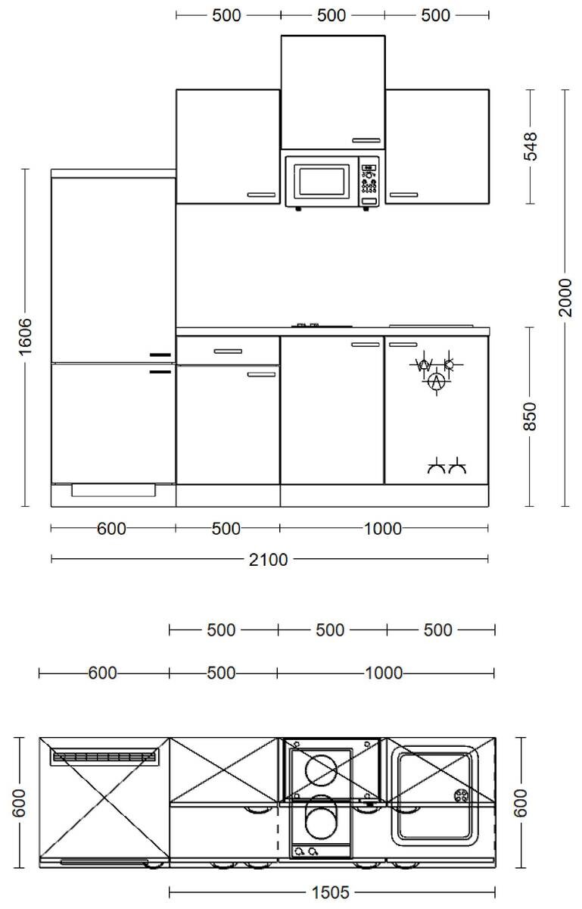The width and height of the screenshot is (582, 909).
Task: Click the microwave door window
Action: click(322, 181)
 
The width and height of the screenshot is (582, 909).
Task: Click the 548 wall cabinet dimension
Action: click(531, 146)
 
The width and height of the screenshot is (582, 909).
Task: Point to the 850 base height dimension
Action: click(531, 417)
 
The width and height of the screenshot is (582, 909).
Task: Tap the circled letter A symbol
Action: click(435, 382)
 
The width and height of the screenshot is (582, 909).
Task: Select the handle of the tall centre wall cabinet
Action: click(366, 141)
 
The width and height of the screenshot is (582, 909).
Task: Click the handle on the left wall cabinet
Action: click(262, 195)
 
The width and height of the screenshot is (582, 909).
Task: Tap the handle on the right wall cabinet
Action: click(404, 195)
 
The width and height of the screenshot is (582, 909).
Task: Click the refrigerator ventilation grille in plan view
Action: click(103, 756)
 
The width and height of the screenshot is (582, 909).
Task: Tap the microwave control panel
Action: click(369, 183)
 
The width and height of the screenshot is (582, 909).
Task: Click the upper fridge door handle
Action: click(160, 355)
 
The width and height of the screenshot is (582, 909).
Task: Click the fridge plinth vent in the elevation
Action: click(114, 490)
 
